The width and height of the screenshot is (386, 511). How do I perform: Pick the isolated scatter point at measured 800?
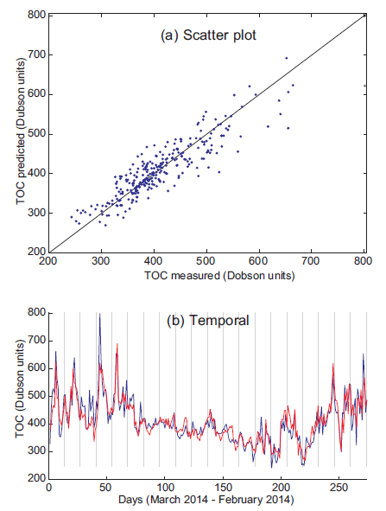point(364,86)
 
